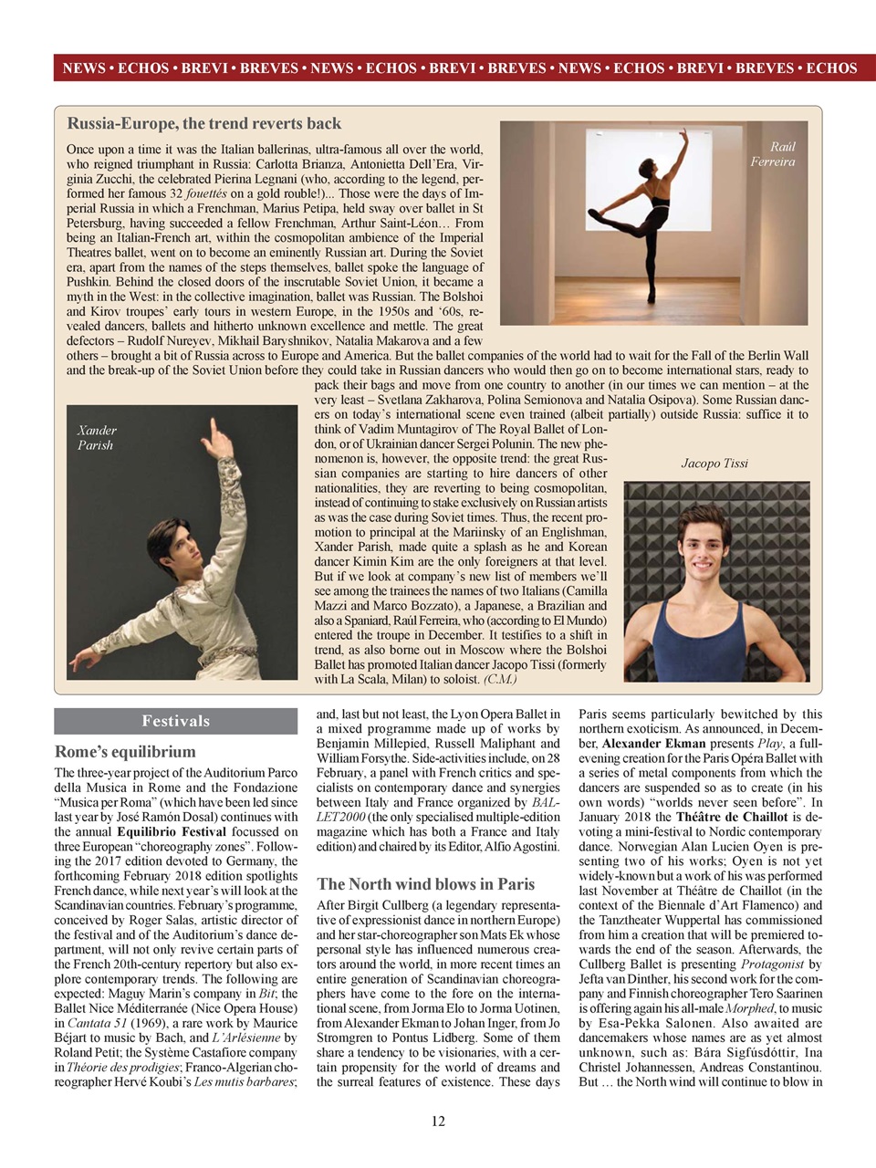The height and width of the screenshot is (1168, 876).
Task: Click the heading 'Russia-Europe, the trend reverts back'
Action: pos(203,123)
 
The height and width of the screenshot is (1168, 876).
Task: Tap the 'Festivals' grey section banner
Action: pos(175,721)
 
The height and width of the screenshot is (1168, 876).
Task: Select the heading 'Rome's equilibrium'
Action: pos(125,752)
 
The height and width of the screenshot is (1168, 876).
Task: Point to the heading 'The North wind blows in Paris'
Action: pos(425,883)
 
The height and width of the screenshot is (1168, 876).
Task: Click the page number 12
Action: pos(438,1121)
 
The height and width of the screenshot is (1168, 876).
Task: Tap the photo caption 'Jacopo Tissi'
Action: pos(714,464)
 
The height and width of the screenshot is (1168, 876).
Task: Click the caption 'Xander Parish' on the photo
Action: pos(97,438)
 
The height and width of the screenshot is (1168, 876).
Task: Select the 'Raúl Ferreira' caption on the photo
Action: pos(773,154)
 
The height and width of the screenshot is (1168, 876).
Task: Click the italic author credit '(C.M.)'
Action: pos(500,679)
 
